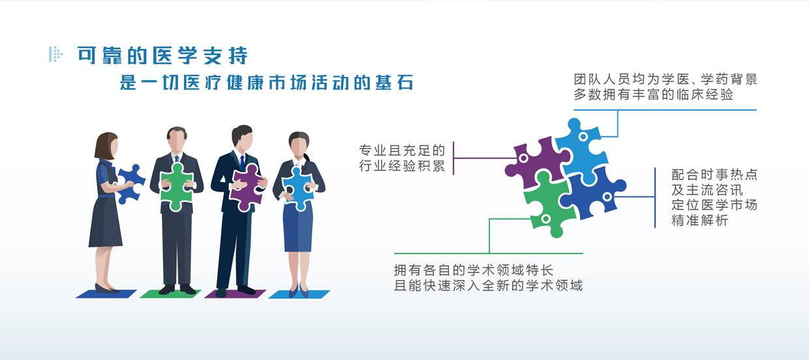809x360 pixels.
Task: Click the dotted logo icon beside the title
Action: (56, 54)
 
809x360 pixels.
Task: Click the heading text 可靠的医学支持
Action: (162, 55)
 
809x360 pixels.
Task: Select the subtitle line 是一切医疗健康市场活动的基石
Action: (267, 82)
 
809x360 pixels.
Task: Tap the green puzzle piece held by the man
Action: (177, 187)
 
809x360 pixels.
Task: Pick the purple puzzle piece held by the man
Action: (247, 187)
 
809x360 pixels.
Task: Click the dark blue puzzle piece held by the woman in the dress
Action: (130, 183)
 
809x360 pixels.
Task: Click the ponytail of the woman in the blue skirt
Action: (307, 157)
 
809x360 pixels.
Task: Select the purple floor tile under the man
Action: (235, 294)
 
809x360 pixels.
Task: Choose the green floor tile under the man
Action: (170, 294)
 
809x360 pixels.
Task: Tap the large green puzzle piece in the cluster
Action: (549, 204)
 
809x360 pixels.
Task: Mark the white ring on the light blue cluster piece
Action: (583, 137)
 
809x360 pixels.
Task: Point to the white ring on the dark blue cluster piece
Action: (607, 197)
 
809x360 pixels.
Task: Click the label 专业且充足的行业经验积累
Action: (402, 158)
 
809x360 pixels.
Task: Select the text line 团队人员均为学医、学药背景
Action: (665, 80)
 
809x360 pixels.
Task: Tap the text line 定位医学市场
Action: (714, 205)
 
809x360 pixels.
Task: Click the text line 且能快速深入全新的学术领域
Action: (488, 286)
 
